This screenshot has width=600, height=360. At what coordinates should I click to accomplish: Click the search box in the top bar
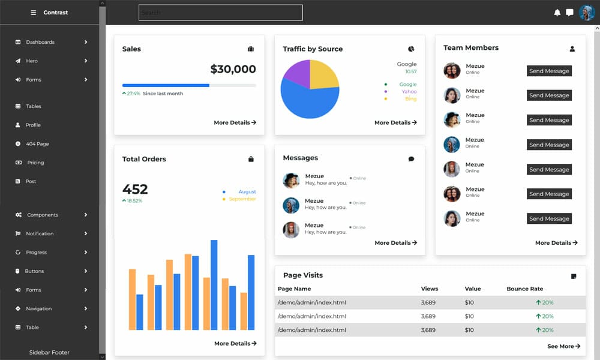pos(220,13)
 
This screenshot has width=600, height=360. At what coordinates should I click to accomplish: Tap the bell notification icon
pos(557,13)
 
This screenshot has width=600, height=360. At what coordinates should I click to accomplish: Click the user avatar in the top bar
pos(587,13)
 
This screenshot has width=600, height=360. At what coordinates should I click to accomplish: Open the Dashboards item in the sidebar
pos(40,42)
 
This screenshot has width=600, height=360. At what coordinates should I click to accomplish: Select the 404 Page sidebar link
pos(37,144)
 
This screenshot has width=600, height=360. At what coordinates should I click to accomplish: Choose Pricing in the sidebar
pos(35,163)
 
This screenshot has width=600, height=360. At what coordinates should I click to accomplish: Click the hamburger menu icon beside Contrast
pos(33,13)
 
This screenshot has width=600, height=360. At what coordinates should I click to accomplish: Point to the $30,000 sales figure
pos(233,69)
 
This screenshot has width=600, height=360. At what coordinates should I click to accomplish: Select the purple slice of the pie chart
pos(296,74)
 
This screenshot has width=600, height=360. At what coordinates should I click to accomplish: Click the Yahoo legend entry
pos(409,92)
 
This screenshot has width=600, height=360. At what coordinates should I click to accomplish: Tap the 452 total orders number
pos(135,189)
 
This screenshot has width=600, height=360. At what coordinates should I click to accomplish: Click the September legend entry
pos(242,199)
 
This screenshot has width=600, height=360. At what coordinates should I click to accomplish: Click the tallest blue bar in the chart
pos(214,284)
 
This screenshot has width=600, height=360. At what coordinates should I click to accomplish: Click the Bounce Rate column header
pos(524,289)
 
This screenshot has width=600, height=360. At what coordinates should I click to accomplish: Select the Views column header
pos(430,289)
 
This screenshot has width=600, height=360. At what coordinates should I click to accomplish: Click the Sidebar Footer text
pos(49,353)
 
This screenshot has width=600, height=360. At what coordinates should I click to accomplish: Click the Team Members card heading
pos(471,48)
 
